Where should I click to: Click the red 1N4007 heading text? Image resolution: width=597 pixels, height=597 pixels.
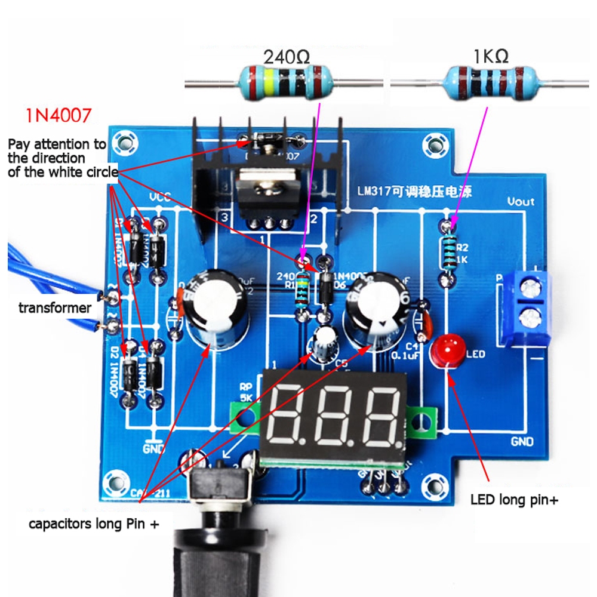(59, 115)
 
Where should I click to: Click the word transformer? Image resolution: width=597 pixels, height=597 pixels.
(55, 308)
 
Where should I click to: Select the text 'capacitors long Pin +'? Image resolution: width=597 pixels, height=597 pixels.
(95, 524)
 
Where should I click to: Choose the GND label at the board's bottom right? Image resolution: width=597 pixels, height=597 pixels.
(522, 442)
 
